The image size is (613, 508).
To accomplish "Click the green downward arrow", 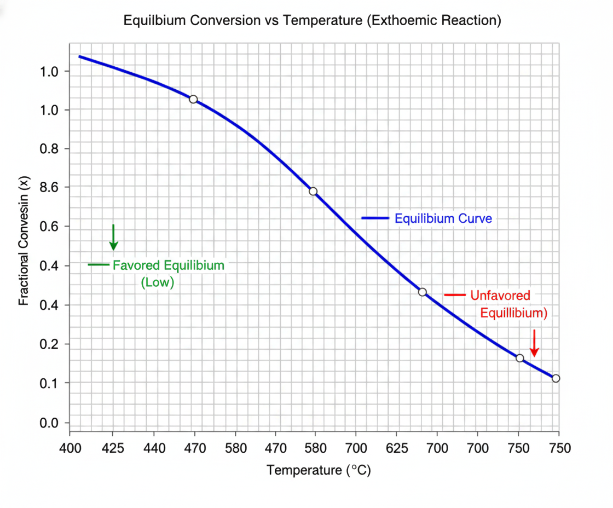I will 113,238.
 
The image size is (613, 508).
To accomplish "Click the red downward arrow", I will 534,343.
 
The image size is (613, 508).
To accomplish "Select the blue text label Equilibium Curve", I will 443,218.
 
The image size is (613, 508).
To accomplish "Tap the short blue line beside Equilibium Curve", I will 375,218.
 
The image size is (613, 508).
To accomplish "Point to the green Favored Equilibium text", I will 169,265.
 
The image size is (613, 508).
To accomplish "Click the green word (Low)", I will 157,282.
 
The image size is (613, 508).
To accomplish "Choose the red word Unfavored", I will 500,296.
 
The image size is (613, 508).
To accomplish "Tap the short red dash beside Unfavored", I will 454,295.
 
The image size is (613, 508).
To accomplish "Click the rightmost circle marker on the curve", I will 556,378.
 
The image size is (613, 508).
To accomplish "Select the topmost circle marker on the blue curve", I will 193,99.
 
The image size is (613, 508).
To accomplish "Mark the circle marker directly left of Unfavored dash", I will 422,292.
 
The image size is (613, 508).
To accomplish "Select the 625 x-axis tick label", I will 397,448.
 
